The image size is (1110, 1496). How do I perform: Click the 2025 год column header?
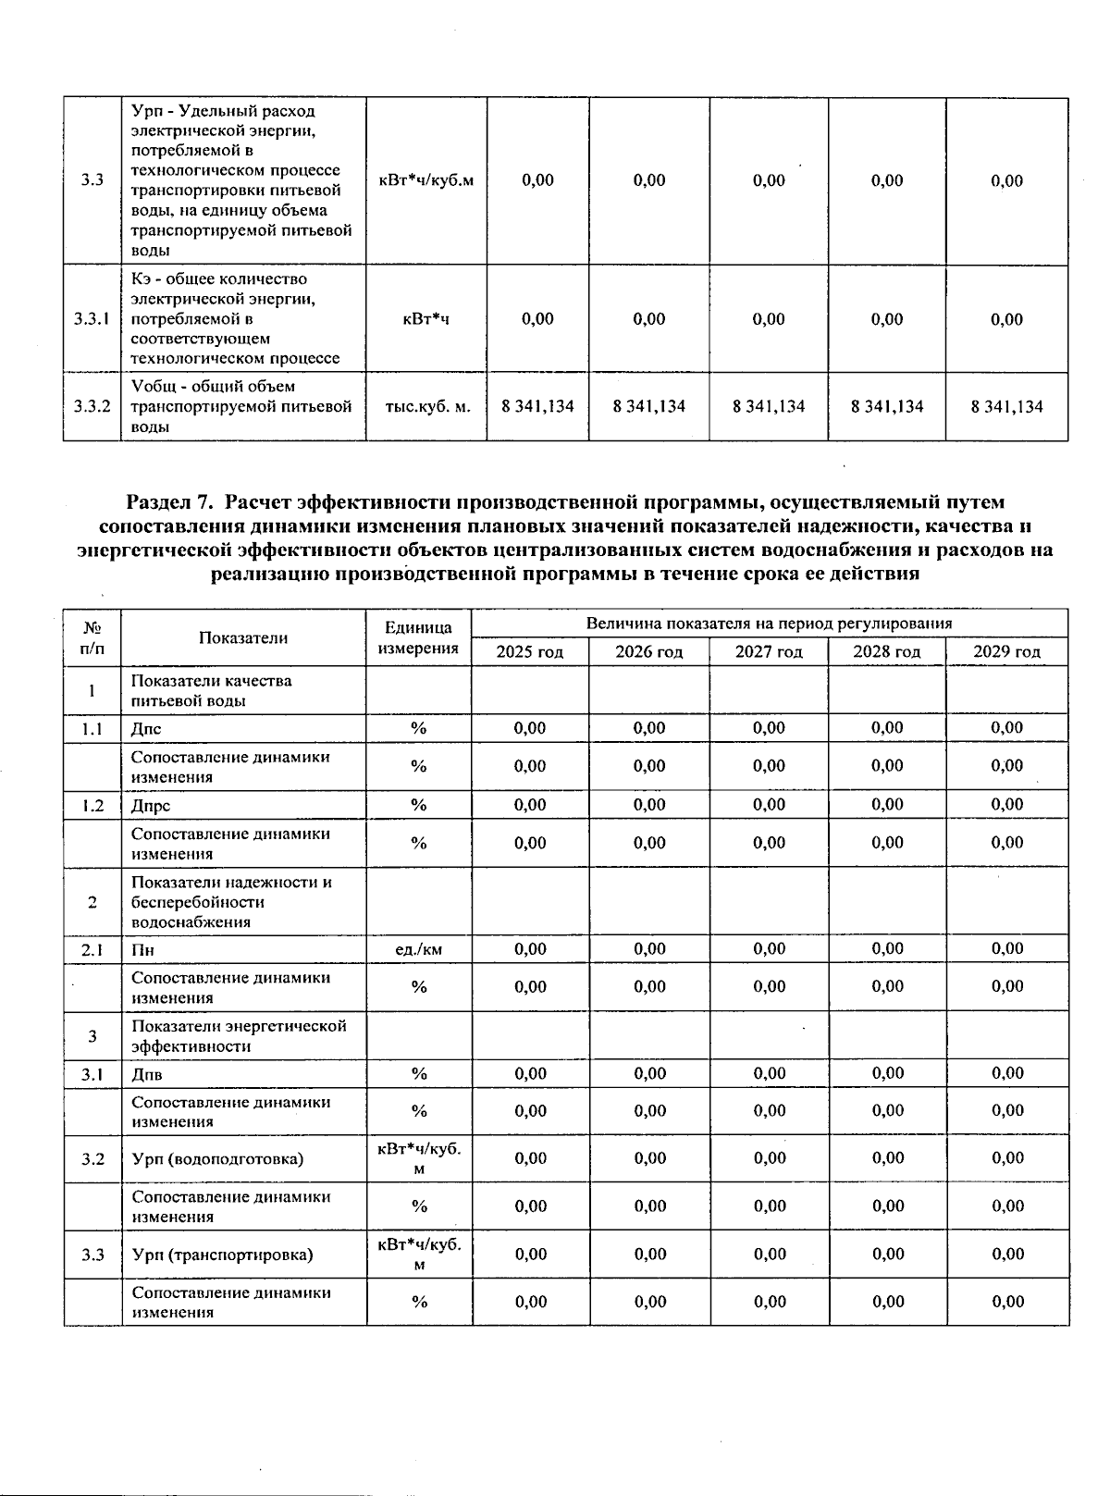coord(529,652)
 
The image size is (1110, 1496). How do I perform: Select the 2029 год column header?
coord(1006,652)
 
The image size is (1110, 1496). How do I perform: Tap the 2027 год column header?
coord(769,652)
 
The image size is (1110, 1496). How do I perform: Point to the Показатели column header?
coord(243,637)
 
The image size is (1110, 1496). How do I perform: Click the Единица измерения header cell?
coord(418,637)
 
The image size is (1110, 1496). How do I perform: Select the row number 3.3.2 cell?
coord(92,406)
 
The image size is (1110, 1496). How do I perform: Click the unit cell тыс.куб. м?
coord(427,406)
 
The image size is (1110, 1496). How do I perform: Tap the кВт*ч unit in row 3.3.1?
coord(426,319)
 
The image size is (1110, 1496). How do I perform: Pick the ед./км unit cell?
coord(418,949)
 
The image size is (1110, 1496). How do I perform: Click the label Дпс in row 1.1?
coord(146,729)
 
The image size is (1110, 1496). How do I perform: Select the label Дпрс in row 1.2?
coord(151,806)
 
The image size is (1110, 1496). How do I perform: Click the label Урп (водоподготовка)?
coord(217,1159)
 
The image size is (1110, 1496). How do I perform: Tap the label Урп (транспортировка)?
coord(222,1255)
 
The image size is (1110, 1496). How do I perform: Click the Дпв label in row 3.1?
coord(147,1074)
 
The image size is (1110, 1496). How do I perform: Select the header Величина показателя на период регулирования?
coord(769,624)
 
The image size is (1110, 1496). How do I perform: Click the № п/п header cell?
coord(92,637)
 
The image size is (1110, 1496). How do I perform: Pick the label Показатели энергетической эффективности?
coord(239,1036)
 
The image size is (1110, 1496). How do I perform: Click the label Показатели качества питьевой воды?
coord(211,690)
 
